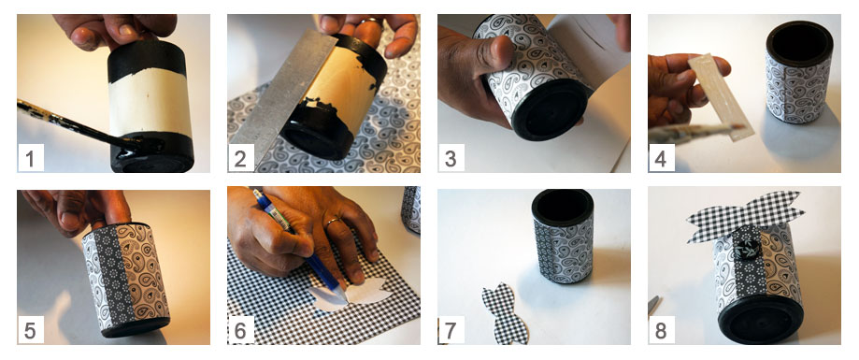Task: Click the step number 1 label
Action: tap(31, 158)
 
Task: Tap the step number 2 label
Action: tap(241, 158)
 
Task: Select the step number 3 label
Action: tap(451, 158)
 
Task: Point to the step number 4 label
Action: tap(662, 158)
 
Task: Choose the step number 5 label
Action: tap(31, 330)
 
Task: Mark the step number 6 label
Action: tap(241, 330)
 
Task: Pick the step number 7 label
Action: tap(451, 330)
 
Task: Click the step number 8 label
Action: tap(662, 330)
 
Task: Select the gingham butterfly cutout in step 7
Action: tap(505, 314)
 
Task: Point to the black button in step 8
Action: tap(745, 250)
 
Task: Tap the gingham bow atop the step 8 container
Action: tap(745, 215)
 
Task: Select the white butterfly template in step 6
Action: tap(351, 295)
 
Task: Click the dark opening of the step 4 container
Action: tap(799, 44)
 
